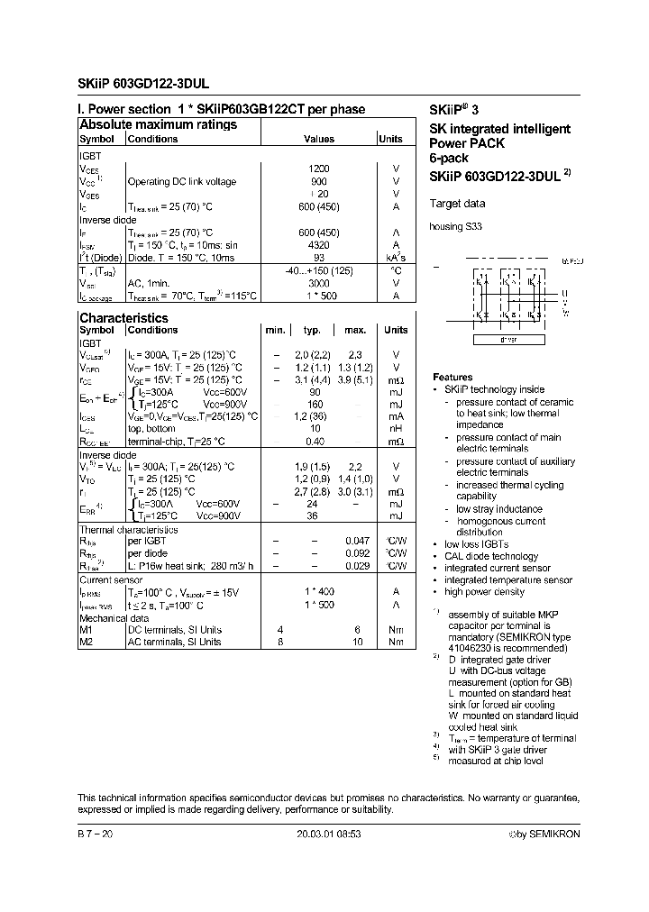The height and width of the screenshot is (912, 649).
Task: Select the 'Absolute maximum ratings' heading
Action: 158,124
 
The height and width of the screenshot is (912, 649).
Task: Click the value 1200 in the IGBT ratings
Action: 319,169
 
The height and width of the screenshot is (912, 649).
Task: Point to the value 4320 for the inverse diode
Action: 319,244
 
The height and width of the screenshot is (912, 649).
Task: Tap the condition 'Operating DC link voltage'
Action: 181,181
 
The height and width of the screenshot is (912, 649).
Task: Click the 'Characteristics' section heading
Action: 123,317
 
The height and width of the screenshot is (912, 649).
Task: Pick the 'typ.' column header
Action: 312,331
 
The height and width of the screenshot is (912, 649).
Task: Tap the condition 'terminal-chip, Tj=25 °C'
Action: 181,442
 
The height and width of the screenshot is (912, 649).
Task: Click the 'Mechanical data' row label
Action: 114,619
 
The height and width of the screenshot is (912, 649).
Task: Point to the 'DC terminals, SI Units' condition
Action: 175,629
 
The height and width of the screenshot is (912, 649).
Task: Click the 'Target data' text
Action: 457,204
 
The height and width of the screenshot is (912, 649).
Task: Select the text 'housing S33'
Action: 456,227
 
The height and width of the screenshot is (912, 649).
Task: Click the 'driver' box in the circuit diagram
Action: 508,341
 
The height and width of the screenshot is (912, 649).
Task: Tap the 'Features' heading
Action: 452,378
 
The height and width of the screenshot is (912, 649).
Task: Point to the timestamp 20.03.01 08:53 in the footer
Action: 329,834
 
